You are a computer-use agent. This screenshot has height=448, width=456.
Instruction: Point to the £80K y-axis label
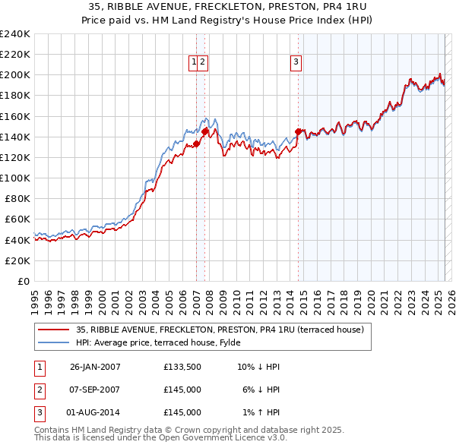coord(17,199)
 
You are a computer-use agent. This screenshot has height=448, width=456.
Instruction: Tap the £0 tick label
coord(24,281)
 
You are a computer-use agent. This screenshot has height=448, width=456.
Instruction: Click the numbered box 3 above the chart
coord(296,63)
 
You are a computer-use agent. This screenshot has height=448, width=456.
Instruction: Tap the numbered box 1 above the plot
coord(194,63)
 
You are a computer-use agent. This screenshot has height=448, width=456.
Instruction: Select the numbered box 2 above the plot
coord(204,63)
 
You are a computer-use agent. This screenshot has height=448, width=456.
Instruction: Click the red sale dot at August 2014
coord(298,131)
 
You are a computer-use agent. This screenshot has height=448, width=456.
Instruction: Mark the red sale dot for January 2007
coord(196,144)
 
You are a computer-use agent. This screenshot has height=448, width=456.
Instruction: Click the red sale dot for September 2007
coord(204,131)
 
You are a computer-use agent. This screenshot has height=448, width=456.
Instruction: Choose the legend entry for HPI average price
coord(144,342)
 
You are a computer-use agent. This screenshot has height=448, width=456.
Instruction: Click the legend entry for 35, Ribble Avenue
coord(220,330)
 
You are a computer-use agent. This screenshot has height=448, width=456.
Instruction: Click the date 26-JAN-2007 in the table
coord(95,367)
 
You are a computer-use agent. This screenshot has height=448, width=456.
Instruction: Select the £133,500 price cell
coord(182,367)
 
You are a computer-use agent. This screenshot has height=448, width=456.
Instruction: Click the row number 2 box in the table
coord(39,390)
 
